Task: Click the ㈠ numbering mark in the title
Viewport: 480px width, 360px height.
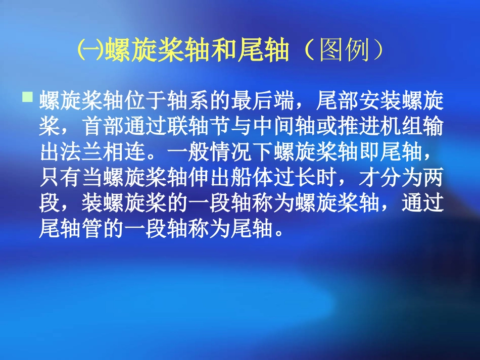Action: click(90, 51)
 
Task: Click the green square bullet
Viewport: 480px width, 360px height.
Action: click(28, 95)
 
